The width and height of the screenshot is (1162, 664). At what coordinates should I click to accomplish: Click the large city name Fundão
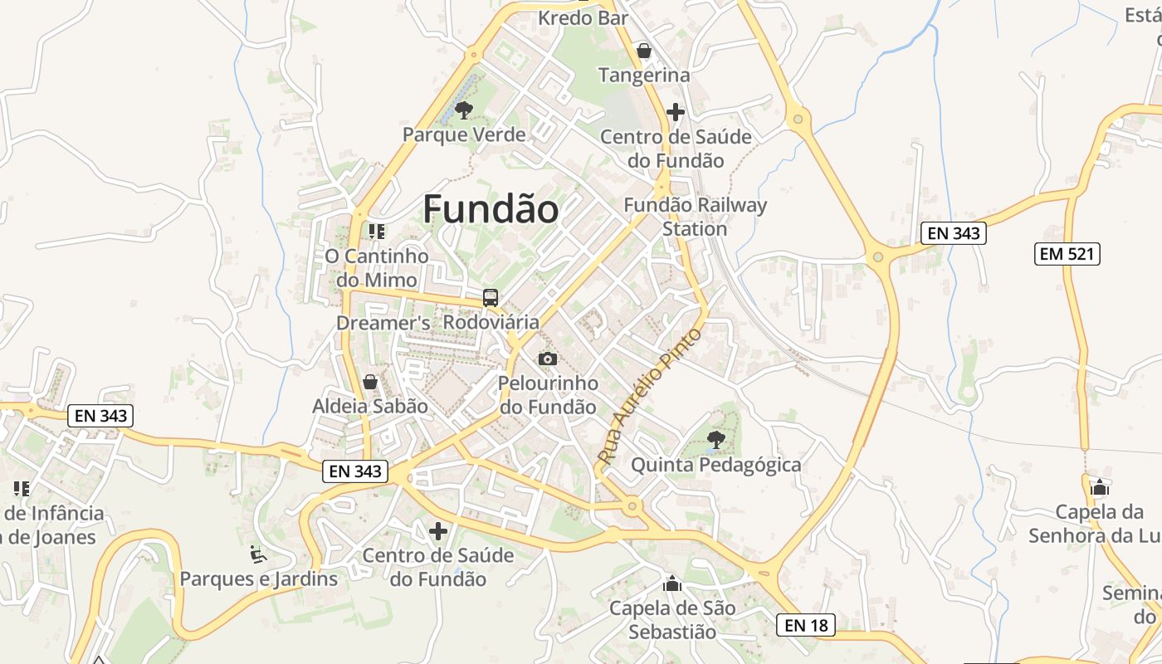(491, 209)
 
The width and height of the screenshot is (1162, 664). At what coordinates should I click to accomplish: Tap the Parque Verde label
(464, 134)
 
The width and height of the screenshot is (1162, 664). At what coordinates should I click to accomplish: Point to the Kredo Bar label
(583, 17)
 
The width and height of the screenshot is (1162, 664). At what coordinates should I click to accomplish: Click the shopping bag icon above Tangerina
(643, 51)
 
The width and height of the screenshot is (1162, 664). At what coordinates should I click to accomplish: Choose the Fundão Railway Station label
(696, 217)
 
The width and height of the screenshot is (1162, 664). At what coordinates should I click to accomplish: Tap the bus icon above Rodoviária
(491, 297)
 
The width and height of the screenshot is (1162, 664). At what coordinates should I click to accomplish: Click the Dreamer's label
(383, 322)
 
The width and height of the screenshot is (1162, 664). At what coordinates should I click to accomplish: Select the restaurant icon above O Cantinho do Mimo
(377, 231)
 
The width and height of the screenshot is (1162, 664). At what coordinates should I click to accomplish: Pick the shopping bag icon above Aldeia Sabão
(370, 382)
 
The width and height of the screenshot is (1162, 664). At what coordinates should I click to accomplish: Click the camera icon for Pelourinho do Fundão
(548, 359)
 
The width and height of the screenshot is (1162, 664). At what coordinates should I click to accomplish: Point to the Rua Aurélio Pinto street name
(649, 395)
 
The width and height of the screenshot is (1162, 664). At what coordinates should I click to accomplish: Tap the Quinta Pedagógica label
(716, 465)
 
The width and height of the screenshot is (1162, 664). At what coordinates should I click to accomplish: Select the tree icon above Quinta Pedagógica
(715, 439)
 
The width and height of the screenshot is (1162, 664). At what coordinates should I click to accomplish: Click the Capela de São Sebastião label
(672, 620)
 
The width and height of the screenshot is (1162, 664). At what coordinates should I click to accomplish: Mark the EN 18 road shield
(806, 625)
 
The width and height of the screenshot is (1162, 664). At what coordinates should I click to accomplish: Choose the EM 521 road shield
(1068, 254)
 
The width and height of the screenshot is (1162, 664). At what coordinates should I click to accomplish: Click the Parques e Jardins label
(259, 579)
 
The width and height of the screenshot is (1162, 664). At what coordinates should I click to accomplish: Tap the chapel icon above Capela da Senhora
(1100, 486)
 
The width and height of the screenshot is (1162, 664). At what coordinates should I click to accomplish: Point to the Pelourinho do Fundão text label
(548, 395)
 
